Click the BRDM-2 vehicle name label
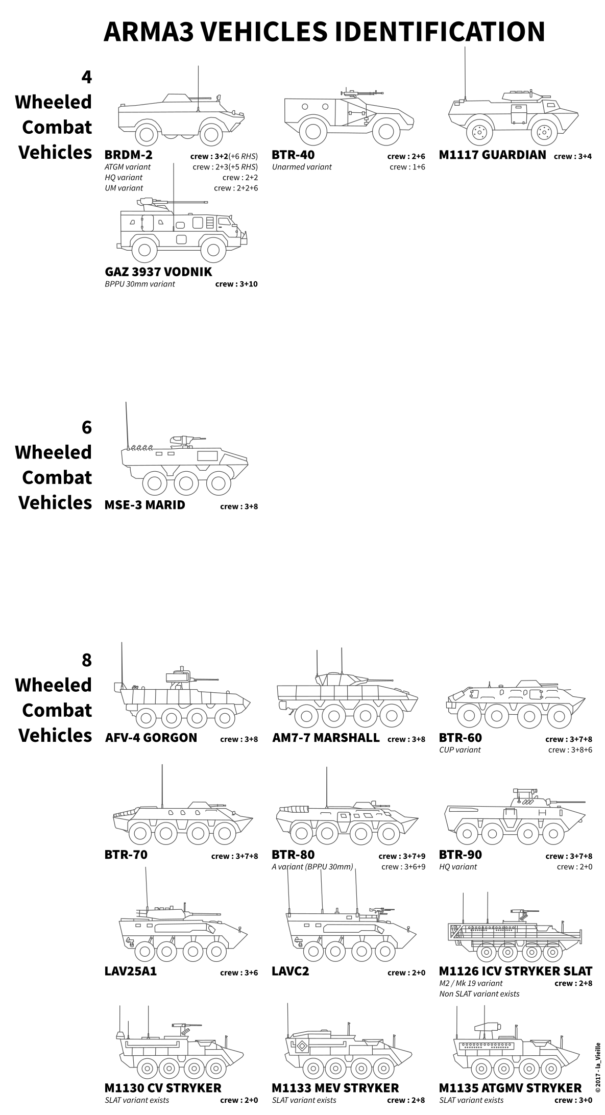pos(128,155)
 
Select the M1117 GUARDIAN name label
pos(492,155)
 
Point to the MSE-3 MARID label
pos(145,505)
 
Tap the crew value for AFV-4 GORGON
pos(239,739)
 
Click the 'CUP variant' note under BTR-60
pos(460,750)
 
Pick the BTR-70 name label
pos(126,855)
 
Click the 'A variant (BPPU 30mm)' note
pos(312,867)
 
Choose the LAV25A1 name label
pos(131,971)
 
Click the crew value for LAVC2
pos(406,973)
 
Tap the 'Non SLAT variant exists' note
pos(479,994)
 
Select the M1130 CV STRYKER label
pos(163,1088)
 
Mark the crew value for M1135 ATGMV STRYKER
pos(573,1100)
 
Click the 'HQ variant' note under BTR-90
pos(458,867)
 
